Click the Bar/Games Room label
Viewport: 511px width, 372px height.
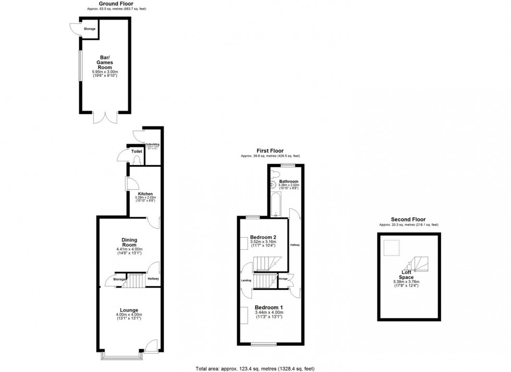pos(106,62)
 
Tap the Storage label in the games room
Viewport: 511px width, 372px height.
pos(90,29)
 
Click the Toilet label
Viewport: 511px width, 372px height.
pos(137,152)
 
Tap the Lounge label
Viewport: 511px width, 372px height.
pos(129,310)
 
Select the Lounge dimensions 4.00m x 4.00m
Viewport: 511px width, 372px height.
pos(129,315)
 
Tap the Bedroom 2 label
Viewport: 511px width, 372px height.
pos(263,237)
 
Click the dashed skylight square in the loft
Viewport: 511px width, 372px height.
pos(392,247)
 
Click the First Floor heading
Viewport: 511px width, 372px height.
pos(270,151)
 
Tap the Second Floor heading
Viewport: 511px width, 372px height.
pos(408,219)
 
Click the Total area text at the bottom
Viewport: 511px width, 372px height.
pos(254,368)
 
